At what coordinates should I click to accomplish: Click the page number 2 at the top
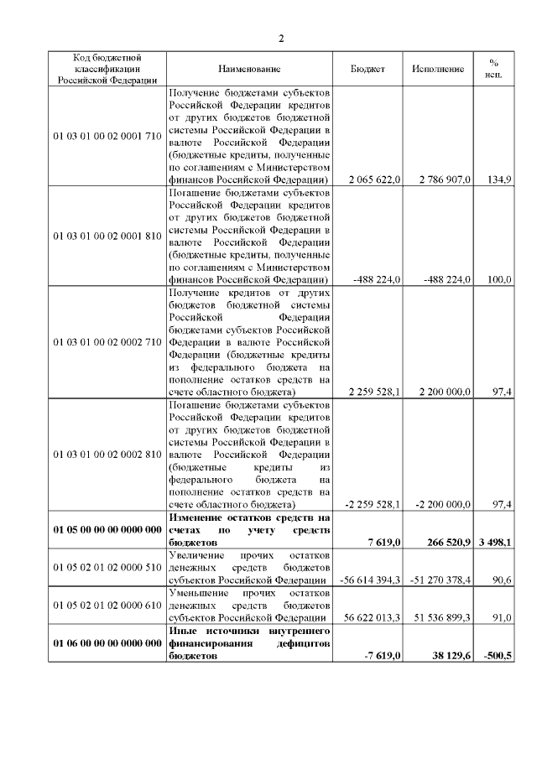(281, 39)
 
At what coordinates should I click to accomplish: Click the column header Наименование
(249, 69)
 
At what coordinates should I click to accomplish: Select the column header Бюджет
(368, 69)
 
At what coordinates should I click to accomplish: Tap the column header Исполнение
(437, 69)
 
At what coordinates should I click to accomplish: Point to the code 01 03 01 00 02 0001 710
(107, 135)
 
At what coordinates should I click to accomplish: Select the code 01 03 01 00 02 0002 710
(107, 343)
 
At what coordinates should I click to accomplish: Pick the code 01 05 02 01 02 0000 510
(107, 567)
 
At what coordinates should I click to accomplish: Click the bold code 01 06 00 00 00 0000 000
(107, 642)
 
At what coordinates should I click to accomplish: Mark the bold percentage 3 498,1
(496, 543)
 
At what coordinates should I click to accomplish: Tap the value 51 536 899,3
(440, 617)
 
